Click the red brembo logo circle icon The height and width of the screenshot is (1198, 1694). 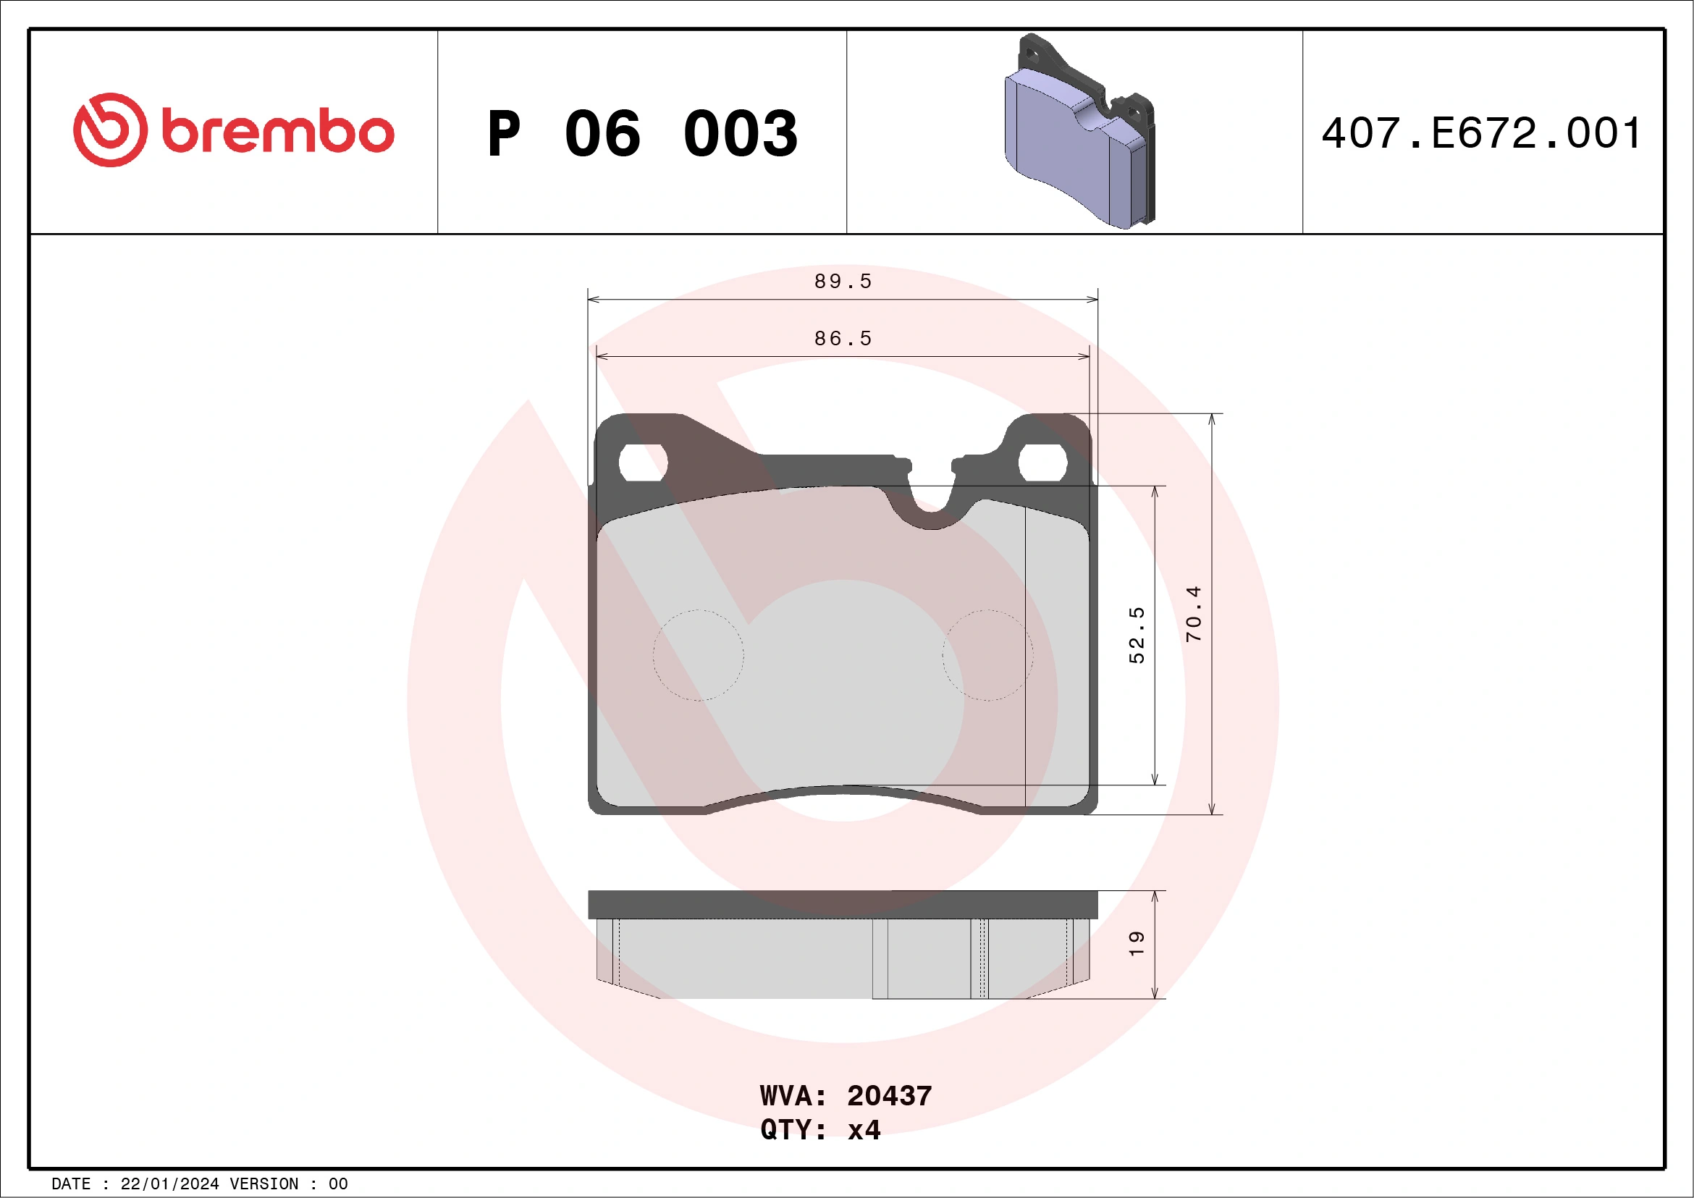click(110, 130)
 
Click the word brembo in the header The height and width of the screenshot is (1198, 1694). click(277, 132)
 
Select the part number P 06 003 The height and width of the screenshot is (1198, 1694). click(642, 133)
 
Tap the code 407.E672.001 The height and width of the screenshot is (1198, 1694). click(1481, 133)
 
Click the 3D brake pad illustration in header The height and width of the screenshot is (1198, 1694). click(1079, 132)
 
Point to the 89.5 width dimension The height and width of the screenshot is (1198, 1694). click(843, 282)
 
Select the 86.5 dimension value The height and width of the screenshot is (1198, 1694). click(843, 339)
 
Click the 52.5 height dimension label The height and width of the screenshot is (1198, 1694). click(1137, 635)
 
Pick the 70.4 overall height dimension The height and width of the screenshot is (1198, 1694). click(1193, 614)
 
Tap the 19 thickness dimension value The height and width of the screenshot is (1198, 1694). click(1137, 943)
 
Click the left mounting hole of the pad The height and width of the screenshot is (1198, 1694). click(643, 463)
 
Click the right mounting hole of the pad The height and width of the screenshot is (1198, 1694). click(1042, 463)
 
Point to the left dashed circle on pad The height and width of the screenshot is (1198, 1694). click(698, 655)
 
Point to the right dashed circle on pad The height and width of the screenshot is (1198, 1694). click(988, 655)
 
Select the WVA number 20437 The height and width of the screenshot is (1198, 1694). click(889, 1096)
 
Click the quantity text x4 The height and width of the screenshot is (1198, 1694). click(864, 1130)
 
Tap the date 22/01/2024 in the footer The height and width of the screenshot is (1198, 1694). click(169, 1184)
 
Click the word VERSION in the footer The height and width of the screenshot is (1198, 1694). click(264, 1184)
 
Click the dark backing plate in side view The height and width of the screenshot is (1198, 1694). click(843, 904)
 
